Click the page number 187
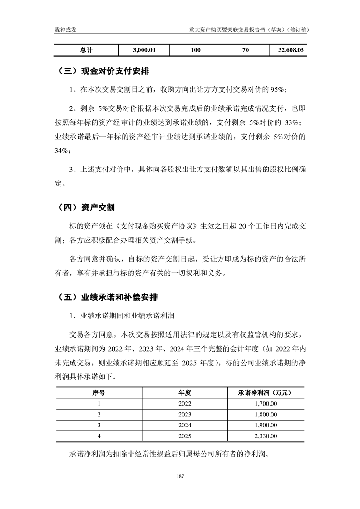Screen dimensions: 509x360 [x=180, y=477]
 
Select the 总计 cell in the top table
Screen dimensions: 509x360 [x=86, y=50]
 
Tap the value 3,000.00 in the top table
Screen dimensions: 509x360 [x=145, y=50]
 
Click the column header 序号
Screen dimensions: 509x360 [x=99, y=392]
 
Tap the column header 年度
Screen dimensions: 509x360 [x=185, y=392]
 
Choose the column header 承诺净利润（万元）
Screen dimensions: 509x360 [x=264, y=392]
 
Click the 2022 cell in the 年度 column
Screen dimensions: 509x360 [x=185, y=403]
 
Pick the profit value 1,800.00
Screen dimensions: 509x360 [x=264, y=414]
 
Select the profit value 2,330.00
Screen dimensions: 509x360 [x=264, y=436]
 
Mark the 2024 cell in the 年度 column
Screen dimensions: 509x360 [x=185, y=426]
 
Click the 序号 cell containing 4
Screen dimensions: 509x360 [x=99, y=436]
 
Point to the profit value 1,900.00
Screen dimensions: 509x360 [x=264, y=426]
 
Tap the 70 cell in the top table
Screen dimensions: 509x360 [x=246, y=50]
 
